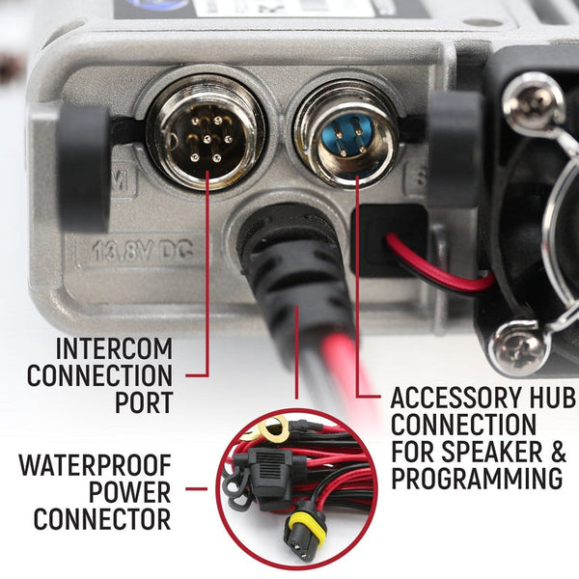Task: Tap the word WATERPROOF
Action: [x=94, y=467]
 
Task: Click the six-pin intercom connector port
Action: [x=204, y=135]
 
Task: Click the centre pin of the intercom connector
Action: [x=204, y=138]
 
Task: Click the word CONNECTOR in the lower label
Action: [x=102, y=519]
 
